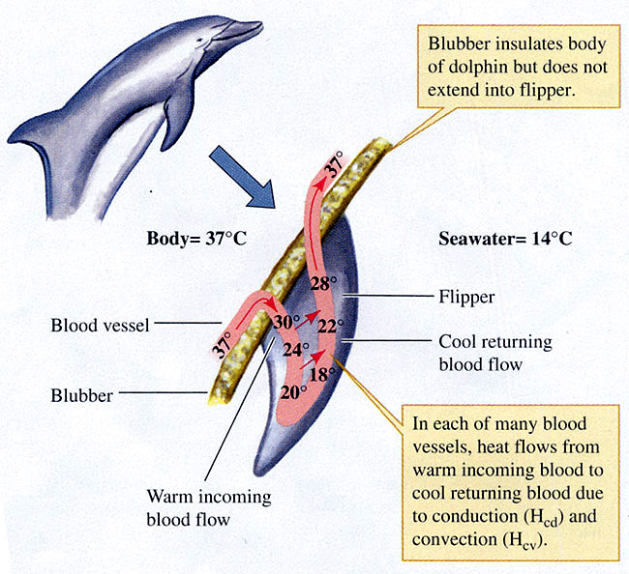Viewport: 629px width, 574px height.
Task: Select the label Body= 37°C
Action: [185, 238]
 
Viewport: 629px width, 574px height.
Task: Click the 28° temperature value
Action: [322, 283]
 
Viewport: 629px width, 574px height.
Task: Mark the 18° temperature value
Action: [321, 372]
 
